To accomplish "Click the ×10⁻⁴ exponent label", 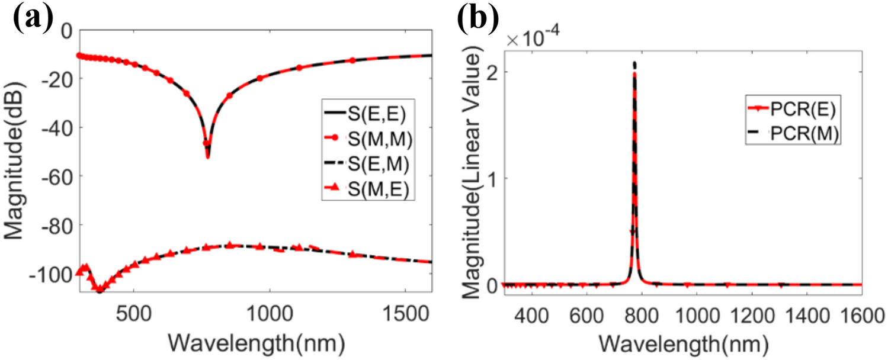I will [531, 42].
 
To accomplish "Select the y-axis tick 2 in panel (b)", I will [491, 71].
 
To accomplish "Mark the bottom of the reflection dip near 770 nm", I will [207, 157].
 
